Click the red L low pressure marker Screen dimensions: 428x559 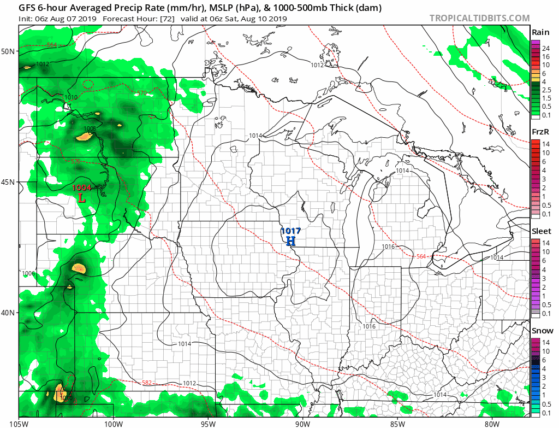81,198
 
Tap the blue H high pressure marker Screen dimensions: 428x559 290,241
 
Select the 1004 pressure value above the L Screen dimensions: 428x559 82,188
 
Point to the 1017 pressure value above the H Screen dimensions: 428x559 290,231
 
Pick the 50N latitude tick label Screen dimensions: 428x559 8,51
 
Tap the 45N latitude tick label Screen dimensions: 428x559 8,182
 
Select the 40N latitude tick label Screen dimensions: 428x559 8,313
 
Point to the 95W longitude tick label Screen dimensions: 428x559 208,423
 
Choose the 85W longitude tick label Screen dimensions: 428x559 397,423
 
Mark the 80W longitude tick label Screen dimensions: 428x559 492,423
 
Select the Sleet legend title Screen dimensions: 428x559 541,231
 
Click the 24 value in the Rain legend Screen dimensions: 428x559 546,49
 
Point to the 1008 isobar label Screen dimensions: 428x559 90,128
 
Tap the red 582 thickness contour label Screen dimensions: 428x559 146,383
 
